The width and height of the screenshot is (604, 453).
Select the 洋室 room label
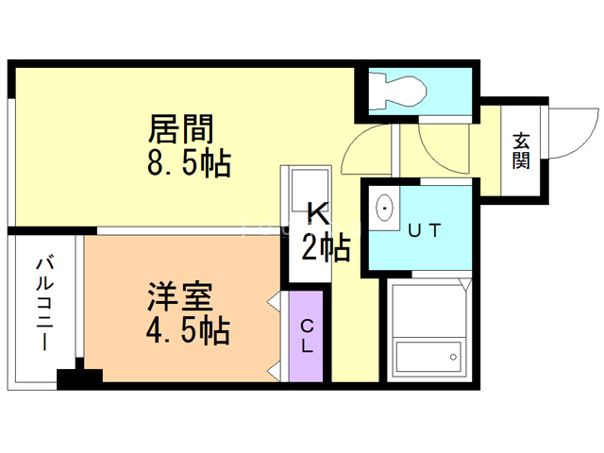pos(179,295)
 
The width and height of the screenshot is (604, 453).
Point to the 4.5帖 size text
pos(189,331)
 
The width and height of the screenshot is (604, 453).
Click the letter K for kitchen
pos(315,213)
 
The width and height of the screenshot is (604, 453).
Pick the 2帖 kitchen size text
pos(326,247)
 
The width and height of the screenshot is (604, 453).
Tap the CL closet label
pos(307,336)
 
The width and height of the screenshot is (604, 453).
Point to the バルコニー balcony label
pos(43,302)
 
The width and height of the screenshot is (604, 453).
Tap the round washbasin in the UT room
pos(385,206)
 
